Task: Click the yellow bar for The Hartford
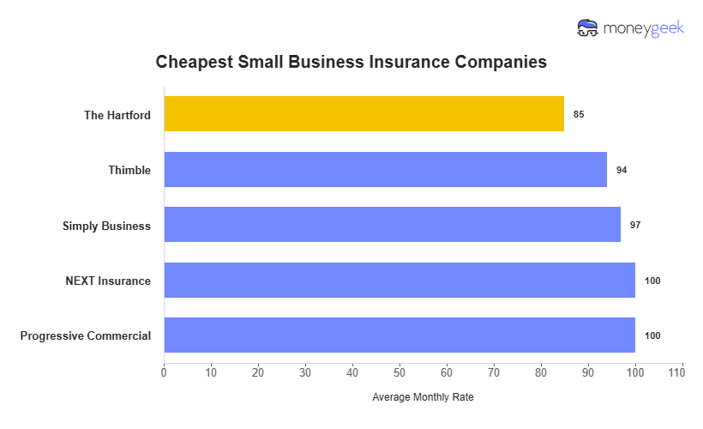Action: tap(364, 114)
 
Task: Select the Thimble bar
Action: tap(385, 170)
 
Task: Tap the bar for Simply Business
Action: tap(392, 225)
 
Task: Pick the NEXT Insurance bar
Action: tap(400, 281)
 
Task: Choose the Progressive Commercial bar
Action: tap(400, 335)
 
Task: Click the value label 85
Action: tap(579, 114)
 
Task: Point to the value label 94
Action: tap(622, 170)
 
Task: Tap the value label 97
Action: tap(635, 225)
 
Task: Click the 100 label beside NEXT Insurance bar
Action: tap(652, 281)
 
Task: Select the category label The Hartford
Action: tap(117, 115)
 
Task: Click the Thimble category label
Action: tap(129, 170)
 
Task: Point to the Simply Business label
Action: tap(106, 226)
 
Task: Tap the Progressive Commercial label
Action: tap(85, 335)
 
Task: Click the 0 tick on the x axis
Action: tap(164, 372)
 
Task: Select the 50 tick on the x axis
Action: tap(400, 372)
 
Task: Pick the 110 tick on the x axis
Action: tap(682, 372)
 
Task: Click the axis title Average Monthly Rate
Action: tap(423, 397)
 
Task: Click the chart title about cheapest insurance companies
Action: tap(351, 63)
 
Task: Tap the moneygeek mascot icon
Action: tap(589, 28)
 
